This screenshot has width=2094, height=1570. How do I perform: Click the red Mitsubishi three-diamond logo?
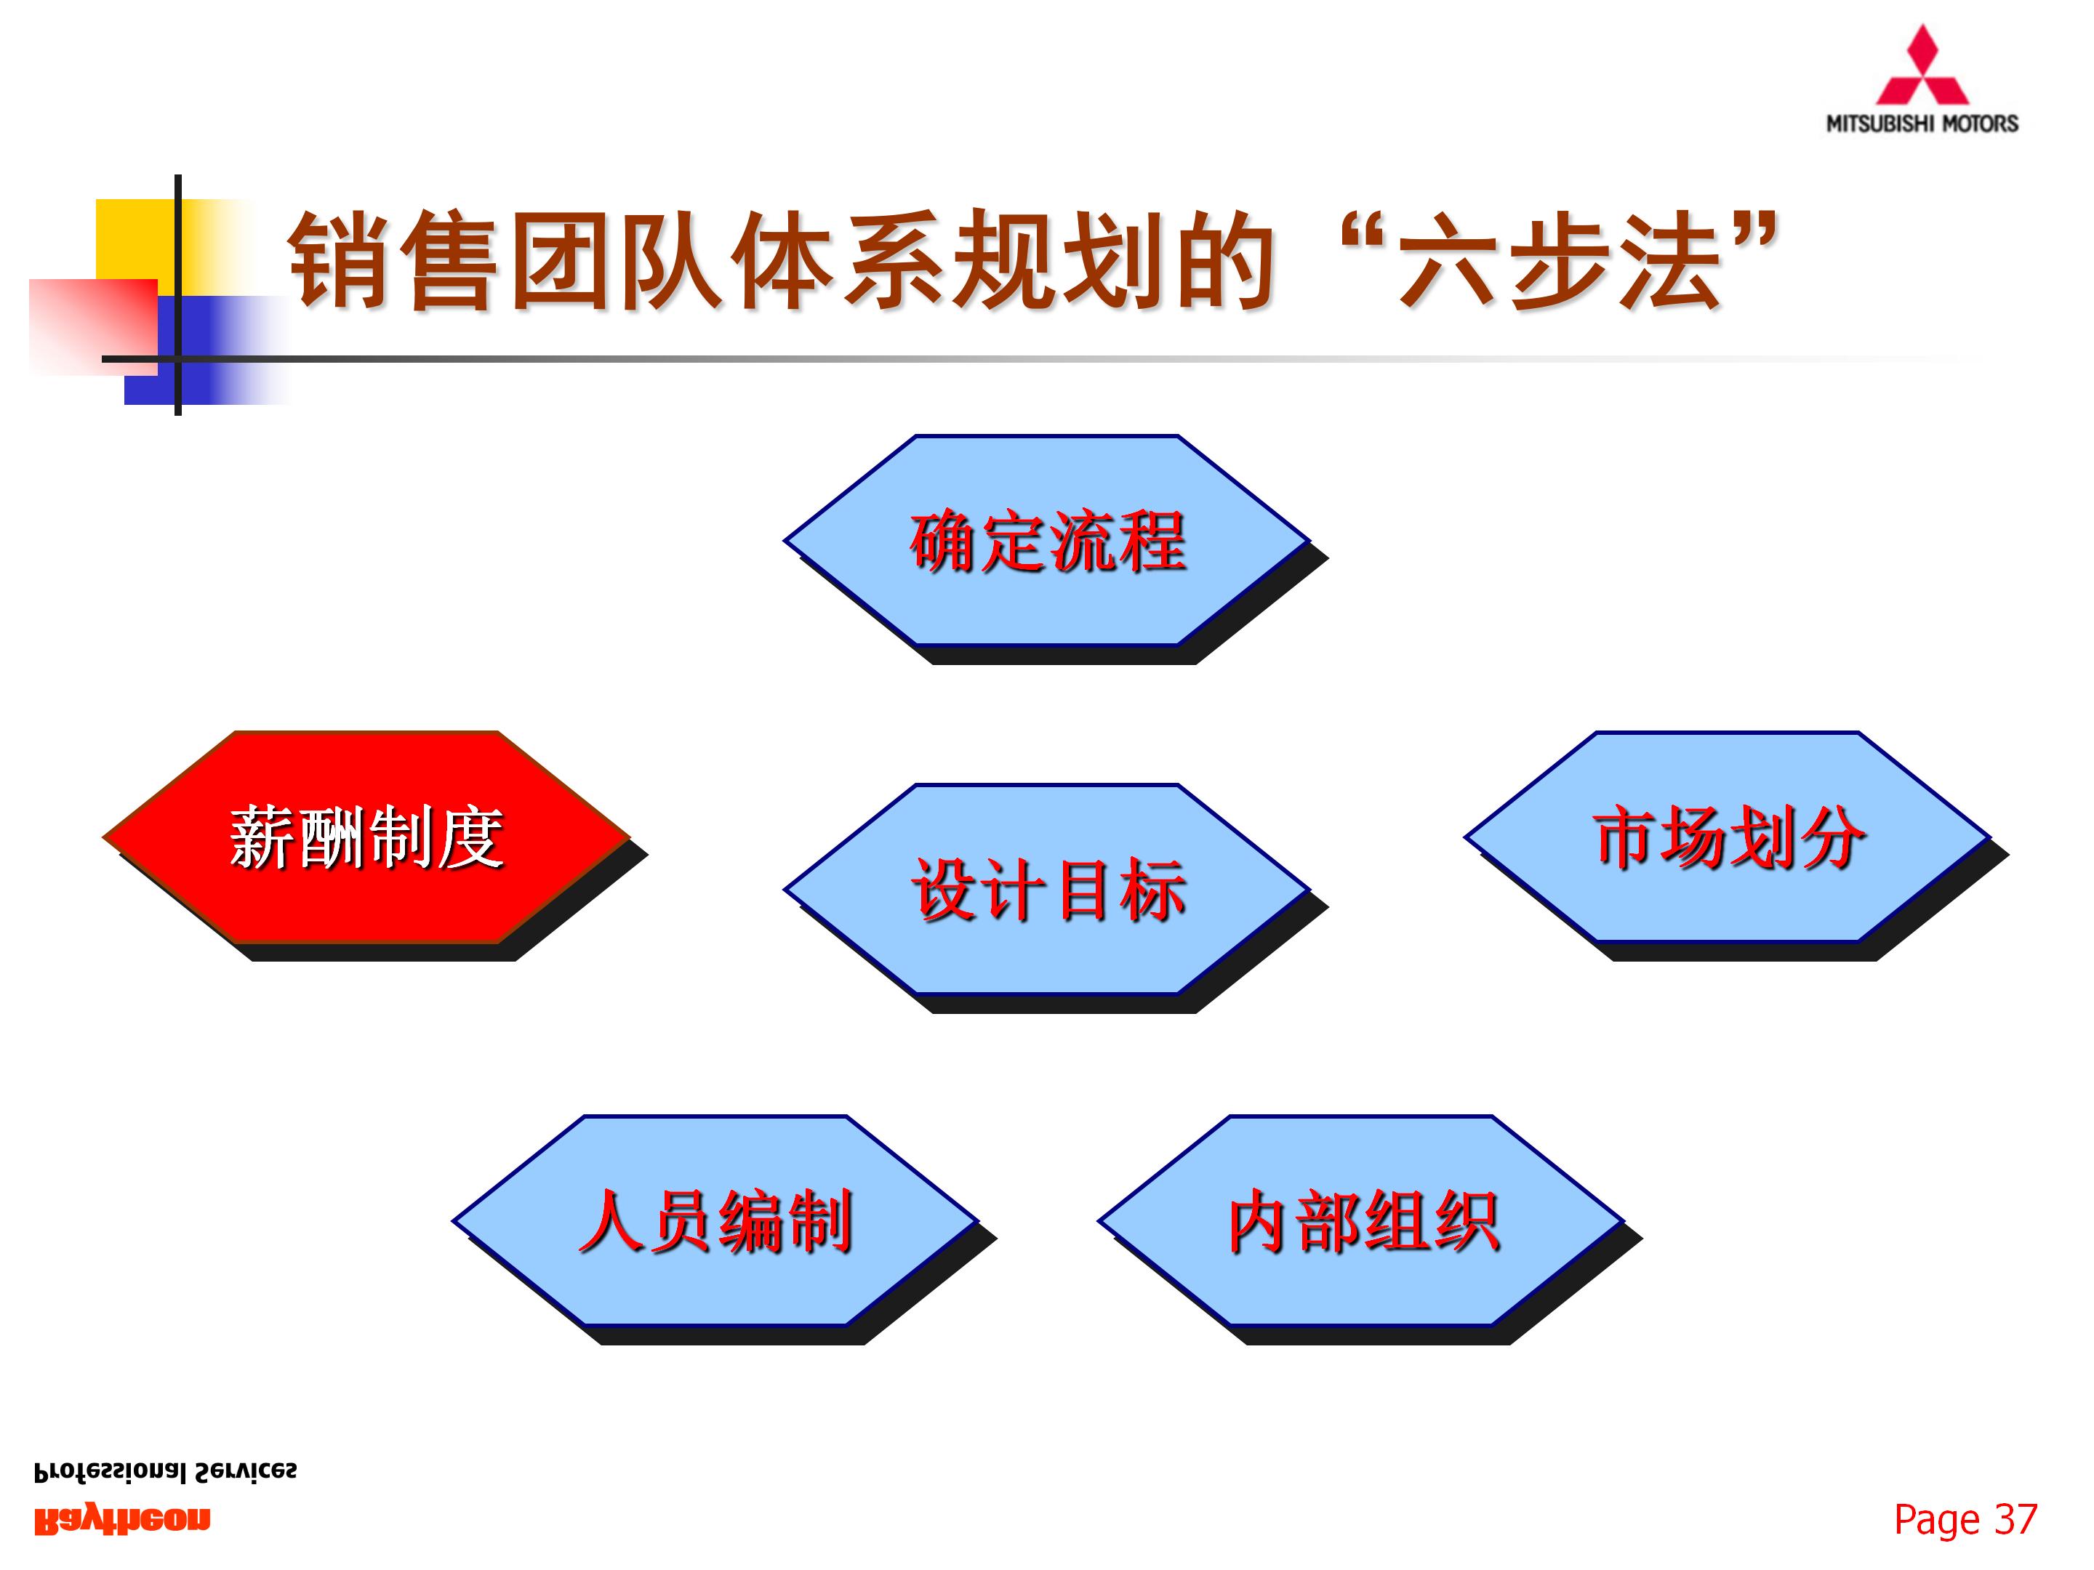(1922, 68)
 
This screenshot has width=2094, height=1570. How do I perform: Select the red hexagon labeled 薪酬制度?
(366, 837)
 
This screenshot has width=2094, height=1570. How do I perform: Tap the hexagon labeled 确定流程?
(1047, 542)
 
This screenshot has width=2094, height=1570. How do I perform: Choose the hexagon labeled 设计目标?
(1047, 890)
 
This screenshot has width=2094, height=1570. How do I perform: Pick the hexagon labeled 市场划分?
(1728, 837)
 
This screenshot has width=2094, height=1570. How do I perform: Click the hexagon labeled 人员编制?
(715, 1221)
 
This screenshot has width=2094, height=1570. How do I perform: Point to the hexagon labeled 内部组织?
(1361, 1221)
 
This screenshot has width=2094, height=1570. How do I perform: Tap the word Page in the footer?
(1936, 1520)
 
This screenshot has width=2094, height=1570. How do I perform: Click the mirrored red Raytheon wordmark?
(122, 1520)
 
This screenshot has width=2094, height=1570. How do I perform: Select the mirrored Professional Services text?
(166, 1473)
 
